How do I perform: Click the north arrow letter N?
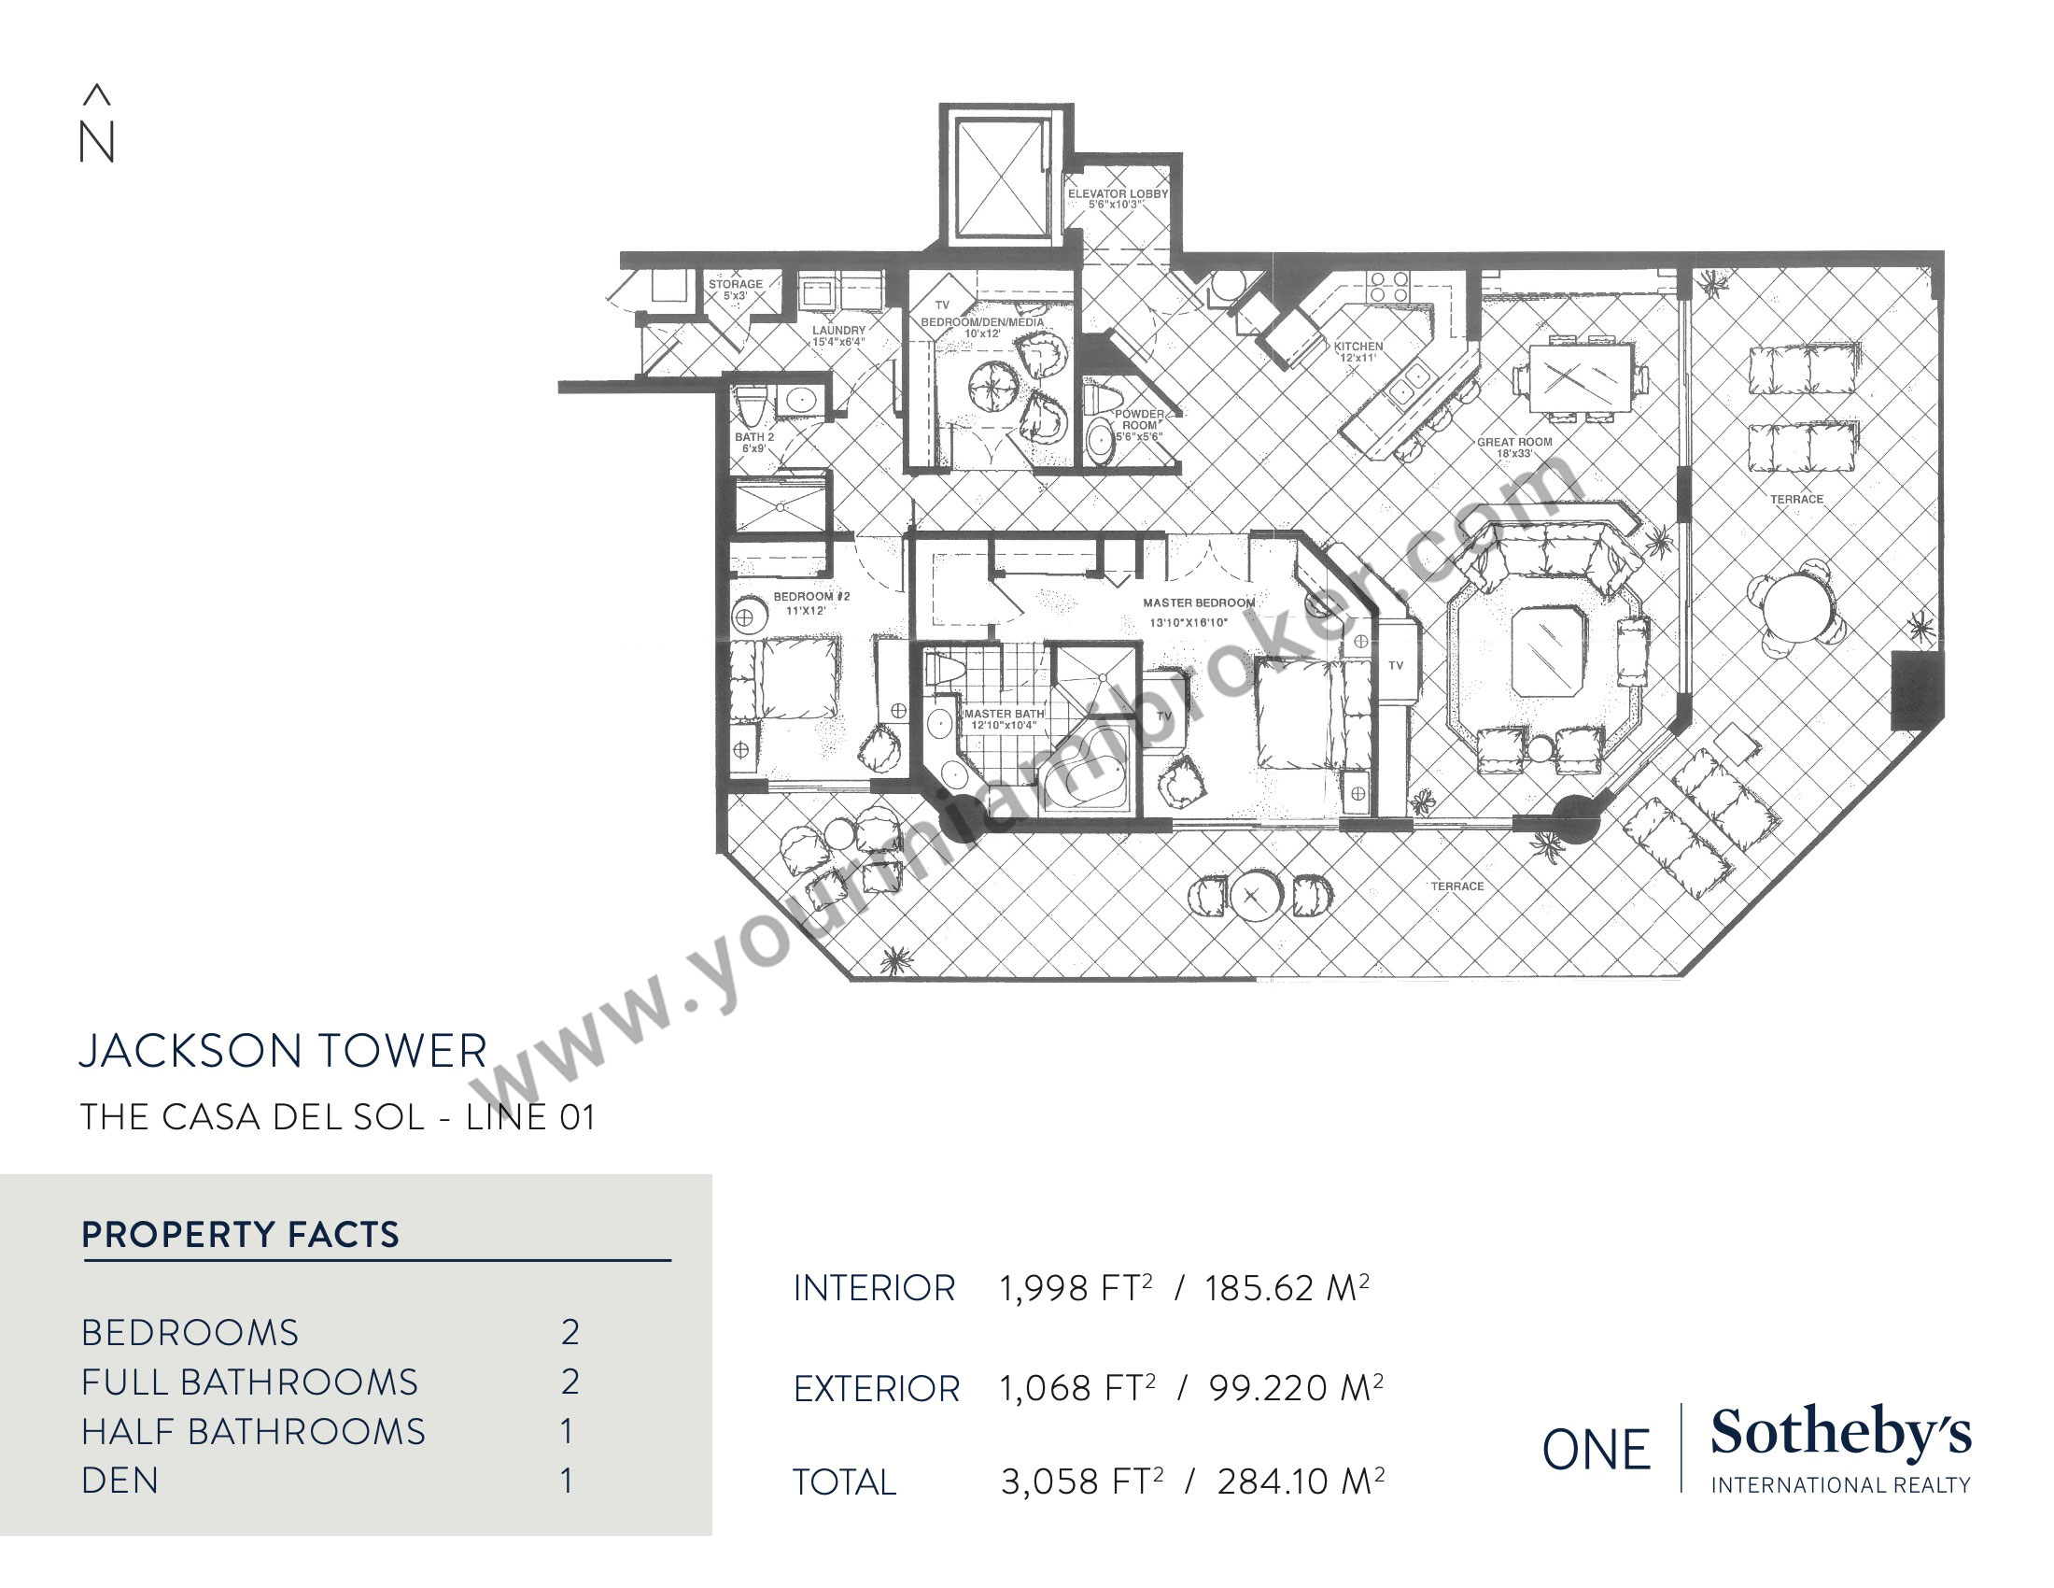click(x=97, y=142)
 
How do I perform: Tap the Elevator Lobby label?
click(x=1118, y=198)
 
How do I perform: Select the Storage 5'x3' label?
click(x=736, y=289)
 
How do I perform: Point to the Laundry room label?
click(x=838, y=336)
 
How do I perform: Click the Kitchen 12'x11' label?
click(x=1358, y=351)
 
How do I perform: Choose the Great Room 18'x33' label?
click(x=1514, y=447)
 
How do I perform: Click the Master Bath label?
click(x=1004, y=718)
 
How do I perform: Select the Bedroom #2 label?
click(x=810, y=603)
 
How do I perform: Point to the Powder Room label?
click(x=1139, y=425)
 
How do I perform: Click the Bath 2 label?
click(x=754, y=442)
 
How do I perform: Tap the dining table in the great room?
click(x=1580, y=378)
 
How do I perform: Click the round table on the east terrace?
click(x=1797, y=608)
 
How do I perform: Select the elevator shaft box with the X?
click(x=1003, y=177)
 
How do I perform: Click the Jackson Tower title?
click(x=283, y=1051)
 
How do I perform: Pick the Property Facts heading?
click(x=241, y=1234)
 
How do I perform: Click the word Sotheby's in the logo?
click(x=1840, y=1434)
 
